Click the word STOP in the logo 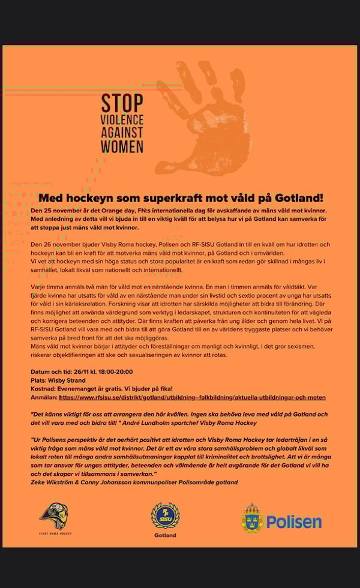pos(122,103)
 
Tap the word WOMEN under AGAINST pos(122,146)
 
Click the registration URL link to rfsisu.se pos(192,397)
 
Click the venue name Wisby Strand pos(67,380)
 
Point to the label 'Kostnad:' pos(43,389)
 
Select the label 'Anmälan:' pos(43,397)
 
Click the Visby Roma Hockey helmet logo pos(53,517)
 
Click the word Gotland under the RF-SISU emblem pos(165,535)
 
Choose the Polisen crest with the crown pos(252,518)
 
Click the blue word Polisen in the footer pos(294,521)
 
